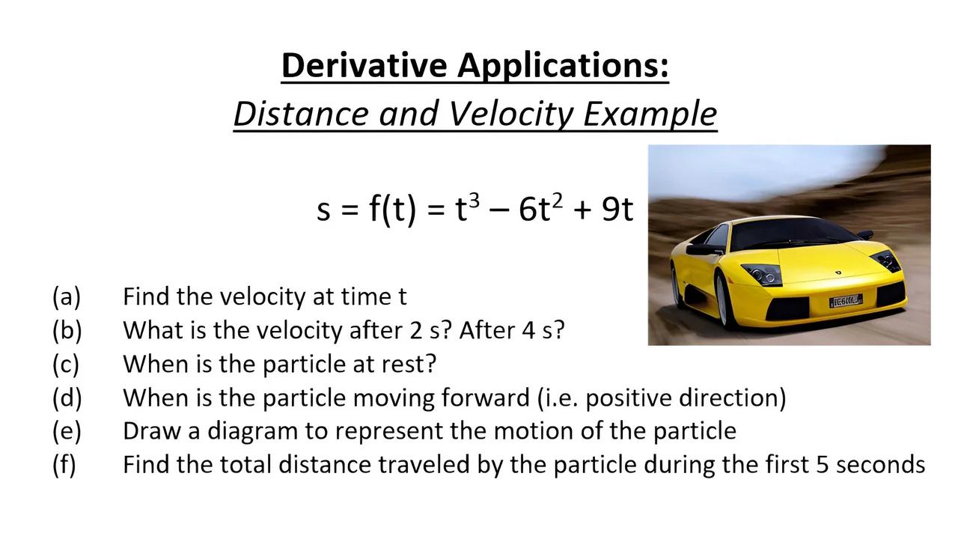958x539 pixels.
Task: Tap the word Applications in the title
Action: click(563, 65)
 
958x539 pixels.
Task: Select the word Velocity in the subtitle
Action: click(512, 114)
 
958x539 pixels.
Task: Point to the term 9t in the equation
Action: click(617, 210)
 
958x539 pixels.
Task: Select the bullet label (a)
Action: click(67, 297)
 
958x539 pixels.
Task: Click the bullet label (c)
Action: click(67, 365)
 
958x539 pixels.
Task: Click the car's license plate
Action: click(845, 301)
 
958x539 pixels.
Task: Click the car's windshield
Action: click(794, 234)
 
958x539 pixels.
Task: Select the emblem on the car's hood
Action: click(838, 271)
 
